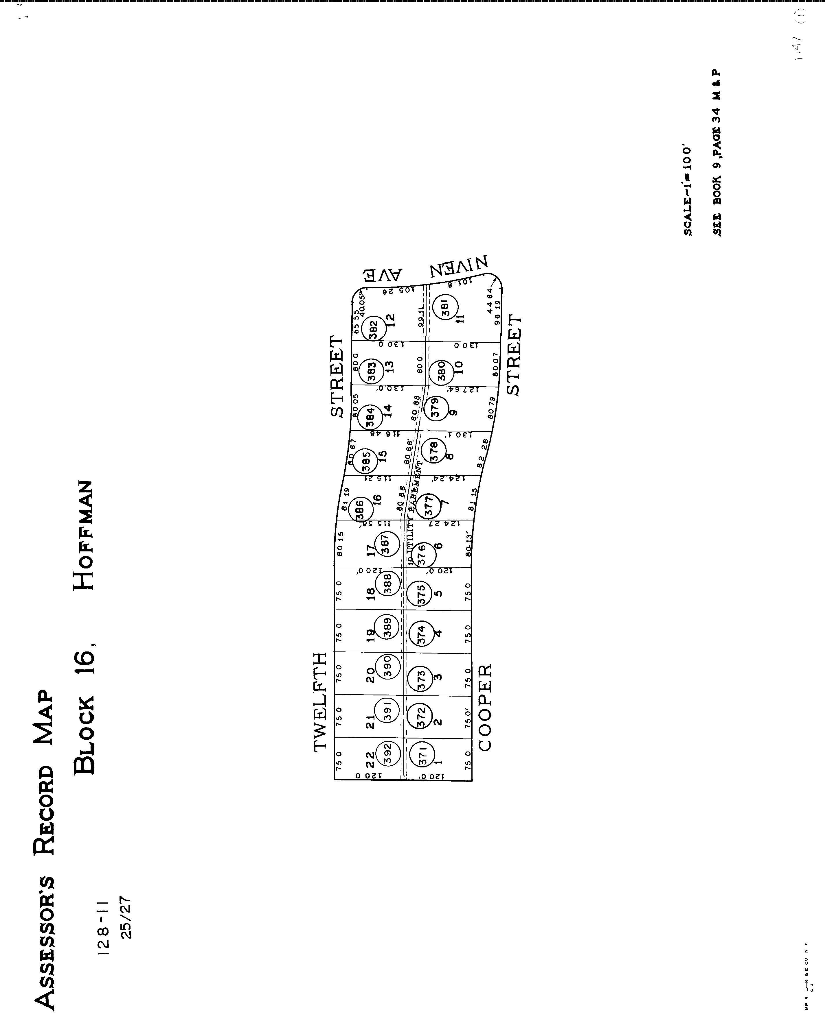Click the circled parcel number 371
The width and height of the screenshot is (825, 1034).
point(422,752)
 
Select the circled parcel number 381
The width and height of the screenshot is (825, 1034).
point(444,307)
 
